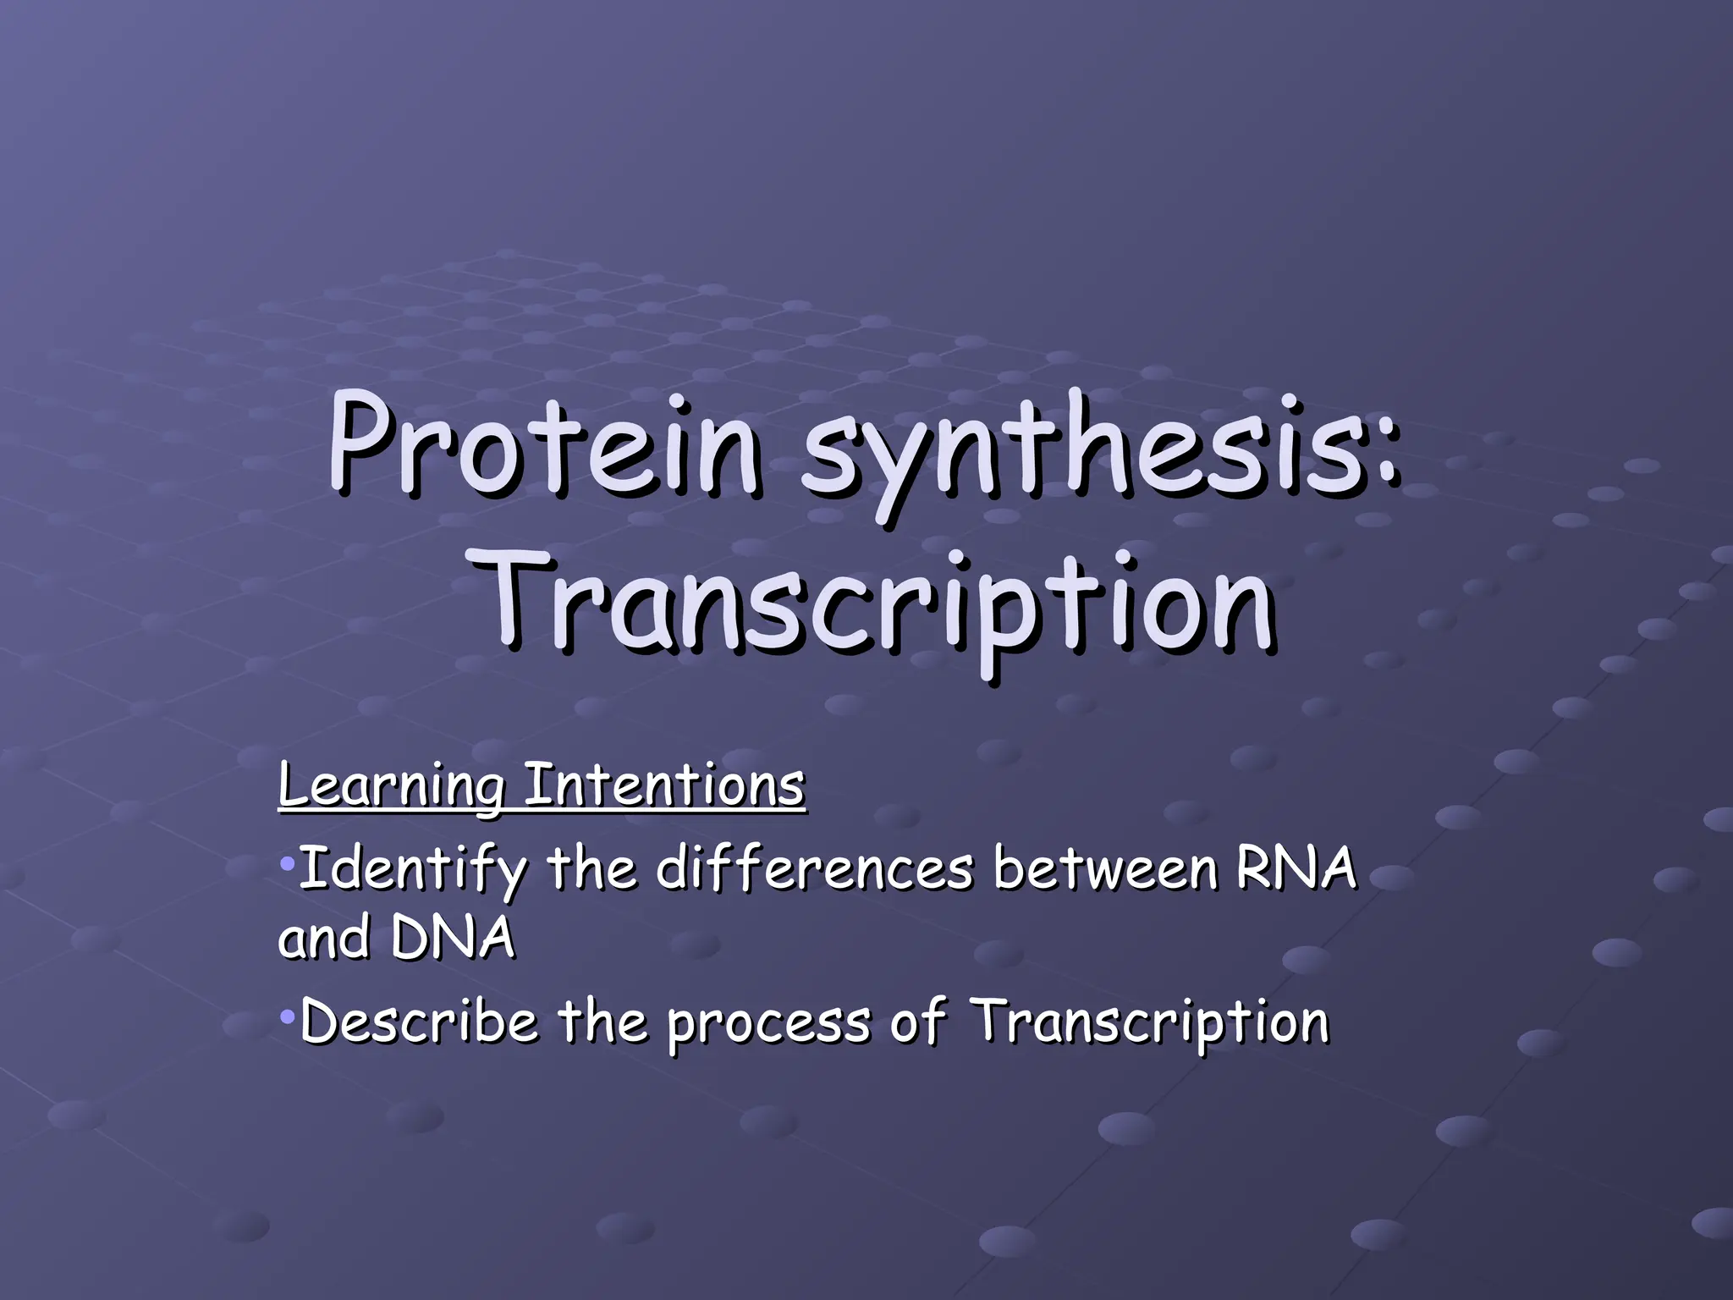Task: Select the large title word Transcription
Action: coord(880,603)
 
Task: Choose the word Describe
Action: coord(420,1022)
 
